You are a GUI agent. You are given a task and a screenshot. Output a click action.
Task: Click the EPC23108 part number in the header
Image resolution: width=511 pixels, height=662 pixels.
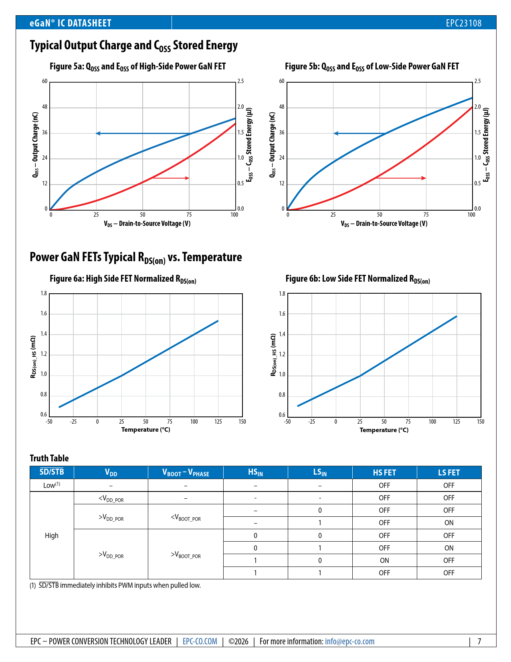point(464,23)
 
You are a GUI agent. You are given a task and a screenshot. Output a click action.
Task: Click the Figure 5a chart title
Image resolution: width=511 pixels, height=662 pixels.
point(137,67)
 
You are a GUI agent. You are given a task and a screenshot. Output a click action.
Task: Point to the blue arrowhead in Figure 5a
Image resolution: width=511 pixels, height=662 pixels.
point(98,133)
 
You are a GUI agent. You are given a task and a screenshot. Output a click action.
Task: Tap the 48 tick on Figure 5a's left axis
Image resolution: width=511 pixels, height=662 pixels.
point(45,107)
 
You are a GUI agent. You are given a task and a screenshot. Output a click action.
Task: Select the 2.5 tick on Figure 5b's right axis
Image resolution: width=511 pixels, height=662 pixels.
point(477,81)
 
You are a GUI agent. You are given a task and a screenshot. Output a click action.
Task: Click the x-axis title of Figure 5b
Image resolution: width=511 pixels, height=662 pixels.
point(384,223)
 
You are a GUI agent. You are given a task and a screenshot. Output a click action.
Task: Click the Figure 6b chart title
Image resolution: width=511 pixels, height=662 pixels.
point(357,279)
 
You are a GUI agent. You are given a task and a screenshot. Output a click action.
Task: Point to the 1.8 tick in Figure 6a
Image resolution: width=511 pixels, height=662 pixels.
point(44,293)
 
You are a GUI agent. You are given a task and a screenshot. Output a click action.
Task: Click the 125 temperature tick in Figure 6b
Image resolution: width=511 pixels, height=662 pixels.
point(456,422)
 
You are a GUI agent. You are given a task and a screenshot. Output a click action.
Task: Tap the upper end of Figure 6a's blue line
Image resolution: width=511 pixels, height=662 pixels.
point(218,321)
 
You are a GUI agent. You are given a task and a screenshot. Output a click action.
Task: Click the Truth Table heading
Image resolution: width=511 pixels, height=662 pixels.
point(49,458)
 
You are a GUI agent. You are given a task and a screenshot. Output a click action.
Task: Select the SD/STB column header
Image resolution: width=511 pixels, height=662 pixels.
point(52,472)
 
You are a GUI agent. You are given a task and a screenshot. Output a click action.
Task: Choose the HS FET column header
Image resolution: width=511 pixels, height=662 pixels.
point(384,473)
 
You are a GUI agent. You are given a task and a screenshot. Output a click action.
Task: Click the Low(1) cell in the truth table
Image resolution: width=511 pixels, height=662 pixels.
point(52,485)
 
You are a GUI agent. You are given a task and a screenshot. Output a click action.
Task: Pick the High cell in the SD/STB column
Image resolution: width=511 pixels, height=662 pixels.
point(52,536)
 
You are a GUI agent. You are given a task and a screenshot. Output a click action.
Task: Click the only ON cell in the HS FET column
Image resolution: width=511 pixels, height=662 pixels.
point(384,560)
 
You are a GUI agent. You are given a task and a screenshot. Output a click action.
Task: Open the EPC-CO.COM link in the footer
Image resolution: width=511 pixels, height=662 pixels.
point(200,642)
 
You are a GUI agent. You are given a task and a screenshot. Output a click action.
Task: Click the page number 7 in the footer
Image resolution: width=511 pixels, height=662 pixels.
point(479,642)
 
